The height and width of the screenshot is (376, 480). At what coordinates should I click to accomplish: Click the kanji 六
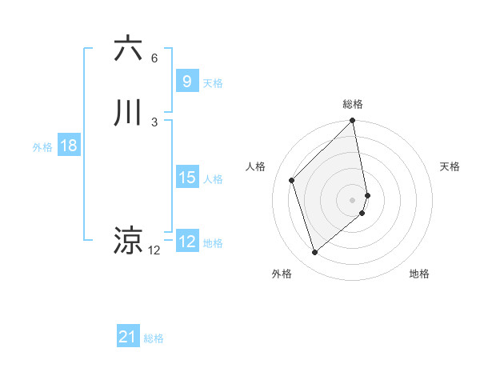[128, 50]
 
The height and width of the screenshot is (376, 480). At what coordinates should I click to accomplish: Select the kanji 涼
[128, 241]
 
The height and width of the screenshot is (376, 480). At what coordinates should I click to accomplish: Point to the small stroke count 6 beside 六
[154, 58]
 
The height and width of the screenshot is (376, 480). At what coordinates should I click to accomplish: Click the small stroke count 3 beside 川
[154, 122]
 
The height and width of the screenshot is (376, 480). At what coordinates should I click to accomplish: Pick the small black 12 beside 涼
[154, 250]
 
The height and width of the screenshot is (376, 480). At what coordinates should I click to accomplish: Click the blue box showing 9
[186, 82]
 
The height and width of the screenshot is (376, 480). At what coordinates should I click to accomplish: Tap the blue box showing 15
[186, 178]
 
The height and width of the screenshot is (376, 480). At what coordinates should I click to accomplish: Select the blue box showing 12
[186, 242]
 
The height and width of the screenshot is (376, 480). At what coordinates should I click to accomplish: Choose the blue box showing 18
[68, 146]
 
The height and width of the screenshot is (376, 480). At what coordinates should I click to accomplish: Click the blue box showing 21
[128, 338]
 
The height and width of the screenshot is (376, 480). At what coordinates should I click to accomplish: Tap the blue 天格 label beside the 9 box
[213, 83]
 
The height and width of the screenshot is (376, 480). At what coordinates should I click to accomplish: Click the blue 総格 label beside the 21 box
[154, 339]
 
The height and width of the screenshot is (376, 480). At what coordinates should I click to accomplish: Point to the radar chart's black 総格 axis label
[353, 104]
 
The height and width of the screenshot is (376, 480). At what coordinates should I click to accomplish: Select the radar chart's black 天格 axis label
[450, 166]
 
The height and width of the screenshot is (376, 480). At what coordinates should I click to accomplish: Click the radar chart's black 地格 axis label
[419, 274]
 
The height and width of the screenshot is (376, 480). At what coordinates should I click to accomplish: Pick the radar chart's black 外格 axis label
[282, 274]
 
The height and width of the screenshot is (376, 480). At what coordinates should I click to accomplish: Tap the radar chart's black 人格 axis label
[255, 166]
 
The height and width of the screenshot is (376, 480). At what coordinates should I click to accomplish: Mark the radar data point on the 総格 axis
[353, 122]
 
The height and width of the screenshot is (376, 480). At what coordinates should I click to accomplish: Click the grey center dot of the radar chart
[353, 198]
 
